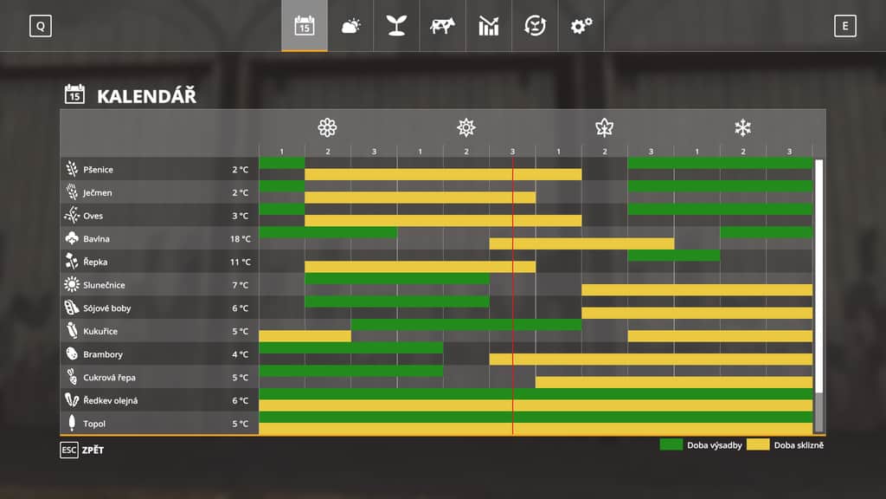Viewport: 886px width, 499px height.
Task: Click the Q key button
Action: (x=40, y=26)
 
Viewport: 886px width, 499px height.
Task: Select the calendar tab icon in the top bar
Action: (x=305, y=26)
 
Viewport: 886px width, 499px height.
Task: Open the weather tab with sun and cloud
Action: (x=350, y=26)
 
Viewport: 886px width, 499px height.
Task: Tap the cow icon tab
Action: (x=442, y=26)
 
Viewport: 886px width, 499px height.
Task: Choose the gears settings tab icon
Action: (x=581, y=26)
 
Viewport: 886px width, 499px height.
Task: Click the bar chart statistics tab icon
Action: (x=489, y=26)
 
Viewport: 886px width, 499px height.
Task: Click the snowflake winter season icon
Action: (x=742, y=128)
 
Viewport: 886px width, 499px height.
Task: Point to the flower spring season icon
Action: (x=327, y=128)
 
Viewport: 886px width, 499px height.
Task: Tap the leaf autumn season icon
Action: (x=604, y=128)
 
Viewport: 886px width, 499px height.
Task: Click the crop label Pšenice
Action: (x=98, y=169)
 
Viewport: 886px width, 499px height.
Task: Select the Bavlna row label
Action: (x=96, y=238)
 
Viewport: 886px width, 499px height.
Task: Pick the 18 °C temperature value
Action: (x=241, y=238)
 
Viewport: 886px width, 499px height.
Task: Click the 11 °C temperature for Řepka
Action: (x=241, y=262)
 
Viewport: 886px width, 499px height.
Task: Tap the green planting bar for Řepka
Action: (x=673, y=256)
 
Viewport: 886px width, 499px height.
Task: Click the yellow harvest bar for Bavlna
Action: (x=581, y=243)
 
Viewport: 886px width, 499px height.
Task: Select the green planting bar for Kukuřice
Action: (x=465, y=325)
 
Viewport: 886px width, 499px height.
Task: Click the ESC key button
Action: (x=69, y=450)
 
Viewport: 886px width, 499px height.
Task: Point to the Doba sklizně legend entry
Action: (x=784, y=445)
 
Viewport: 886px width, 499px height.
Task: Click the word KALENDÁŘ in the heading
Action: (x=146, y=95)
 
